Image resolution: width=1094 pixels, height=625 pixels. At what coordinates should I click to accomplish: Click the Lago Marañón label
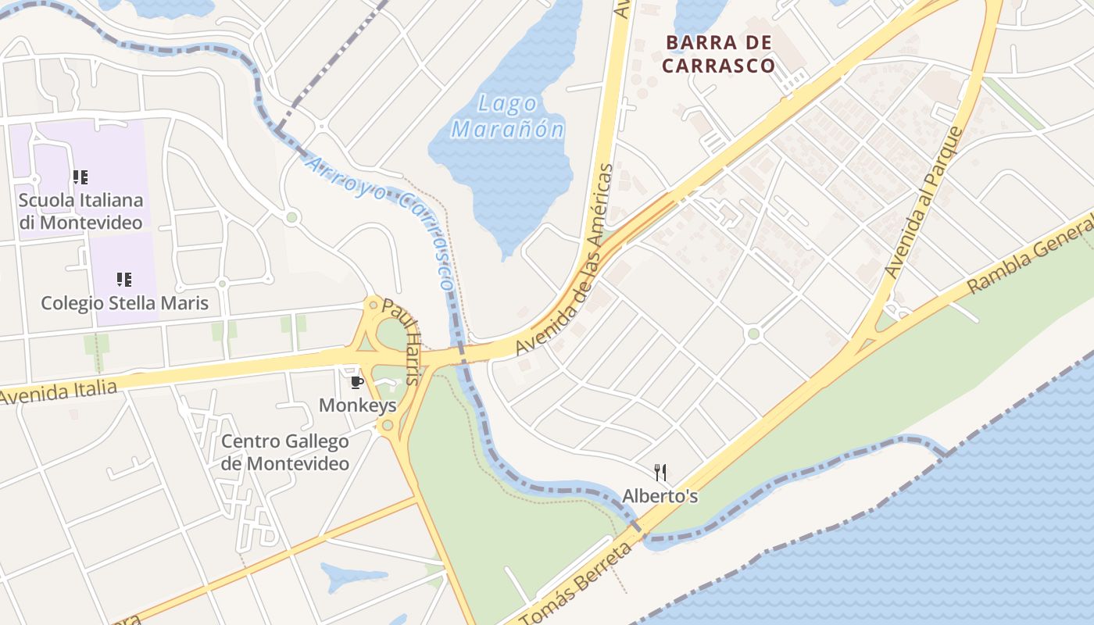tap(507, 116)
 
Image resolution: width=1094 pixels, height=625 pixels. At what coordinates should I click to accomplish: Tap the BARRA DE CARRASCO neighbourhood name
tap(718, 54)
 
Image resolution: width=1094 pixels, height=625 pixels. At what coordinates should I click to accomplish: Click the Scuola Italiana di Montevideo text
tap(81, 211)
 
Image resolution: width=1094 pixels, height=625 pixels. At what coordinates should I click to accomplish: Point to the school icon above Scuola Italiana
tap(80, 177)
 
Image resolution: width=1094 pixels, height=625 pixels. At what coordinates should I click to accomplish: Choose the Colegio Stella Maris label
tap(124, 302)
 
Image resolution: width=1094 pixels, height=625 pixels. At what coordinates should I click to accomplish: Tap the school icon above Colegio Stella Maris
tap(123, 279)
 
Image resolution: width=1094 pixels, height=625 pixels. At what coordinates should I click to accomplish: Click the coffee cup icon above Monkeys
tap(357, 382)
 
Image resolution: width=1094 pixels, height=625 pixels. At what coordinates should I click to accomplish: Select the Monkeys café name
tap(357, 405)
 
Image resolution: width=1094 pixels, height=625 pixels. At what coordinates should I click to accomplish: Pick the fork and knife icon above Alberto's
tap(660, 472)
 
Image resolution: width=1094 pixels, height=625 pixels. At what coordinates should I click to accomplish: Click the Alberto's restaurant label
tap(660, 496)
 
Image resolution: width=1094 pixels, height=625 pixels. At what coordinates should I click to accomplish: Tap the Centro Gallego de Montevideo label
tap(285, 452)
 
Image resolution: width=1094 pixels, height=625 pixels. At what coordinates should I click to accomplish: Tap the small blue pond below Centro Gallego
tap(352, 576)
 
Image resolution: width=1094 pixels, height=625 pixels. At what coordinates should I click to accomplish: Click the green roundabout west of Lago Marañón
tap(292, 217)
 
